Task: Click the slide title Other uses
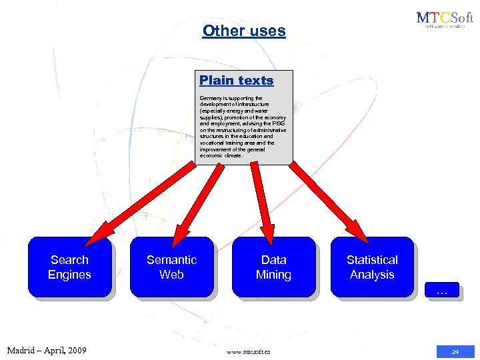point(244,31)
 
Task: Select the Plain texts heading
point(237,80)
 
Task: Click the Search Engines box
point(69,267)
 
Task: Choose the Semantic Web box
point(171,267)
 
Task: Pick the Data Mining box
point(273,267)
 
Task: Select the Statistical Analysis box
point(372,267)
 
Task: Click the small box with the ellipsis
point(441,291)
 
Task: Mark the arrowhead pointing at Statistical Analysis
point(361,235)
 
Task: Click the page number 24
point(455,351)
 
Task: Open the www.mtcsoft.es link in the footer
point(249,351)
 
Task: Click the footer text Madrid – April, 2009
point(47,350)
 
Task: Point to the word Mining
point(273,275)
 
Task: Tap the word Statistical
point(372,260)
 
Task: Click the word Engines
point(69,275)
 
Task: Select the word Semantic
point(171,260)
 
